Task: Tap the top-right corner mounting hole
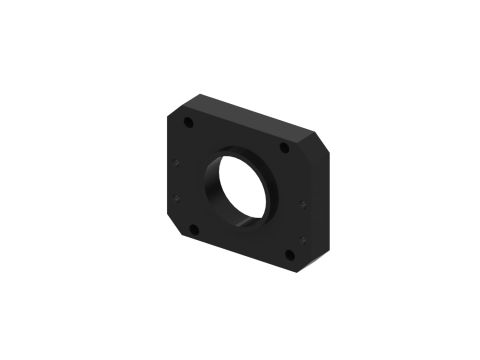[x=285, y=148]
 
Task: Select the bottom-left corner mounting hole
[x=194, y=228]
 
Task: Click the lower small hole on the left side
[x=178, y=197]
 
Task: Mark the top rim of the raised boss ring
[x=240, y=149]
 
